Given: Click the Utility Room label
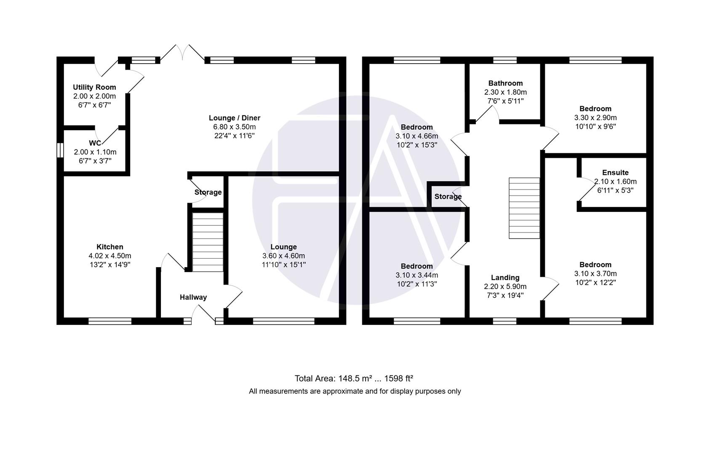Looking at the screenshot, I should point(94,87).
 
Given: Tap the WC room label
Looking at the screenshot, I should point(95,143).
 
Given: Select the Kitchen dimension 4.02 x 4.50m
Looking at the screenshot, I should point(109,256).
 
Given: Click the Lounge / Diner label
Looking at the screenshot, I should point(235,118).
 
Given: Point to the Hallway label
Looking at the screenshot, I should point(193,297).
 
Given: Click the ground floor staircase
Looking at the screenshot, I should point(208,242).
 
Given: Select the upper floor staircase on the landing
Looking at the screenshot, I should point(524,208).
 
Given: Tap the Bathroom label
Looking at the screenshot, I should point(505,83).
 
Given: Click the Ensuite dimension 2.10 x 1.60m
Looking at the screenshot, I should point(615,182).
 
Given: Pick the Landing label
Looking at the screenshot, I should point(505,278).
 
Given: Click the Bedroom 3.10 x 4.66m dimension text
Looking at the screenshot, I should point(416,136).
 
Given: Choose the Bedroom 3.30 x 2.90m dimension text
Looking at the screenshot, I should point(595,118).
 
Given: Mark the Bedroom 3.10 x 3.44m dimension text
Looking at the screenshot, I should point(416,275).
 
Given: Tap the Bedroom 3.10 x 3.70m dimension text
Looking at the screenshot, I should point(595,273).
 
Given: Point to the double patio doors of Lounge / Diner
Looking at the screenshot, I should point(182,54).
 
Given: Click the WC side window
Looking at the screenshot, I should point(60,150).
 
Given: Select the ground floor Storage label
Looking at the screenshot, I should point(208,193).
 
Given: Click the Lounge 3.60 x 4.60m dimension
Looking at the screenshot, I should point(283,256).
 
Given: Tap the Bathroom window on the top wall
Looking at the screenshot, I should point(505,60).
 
